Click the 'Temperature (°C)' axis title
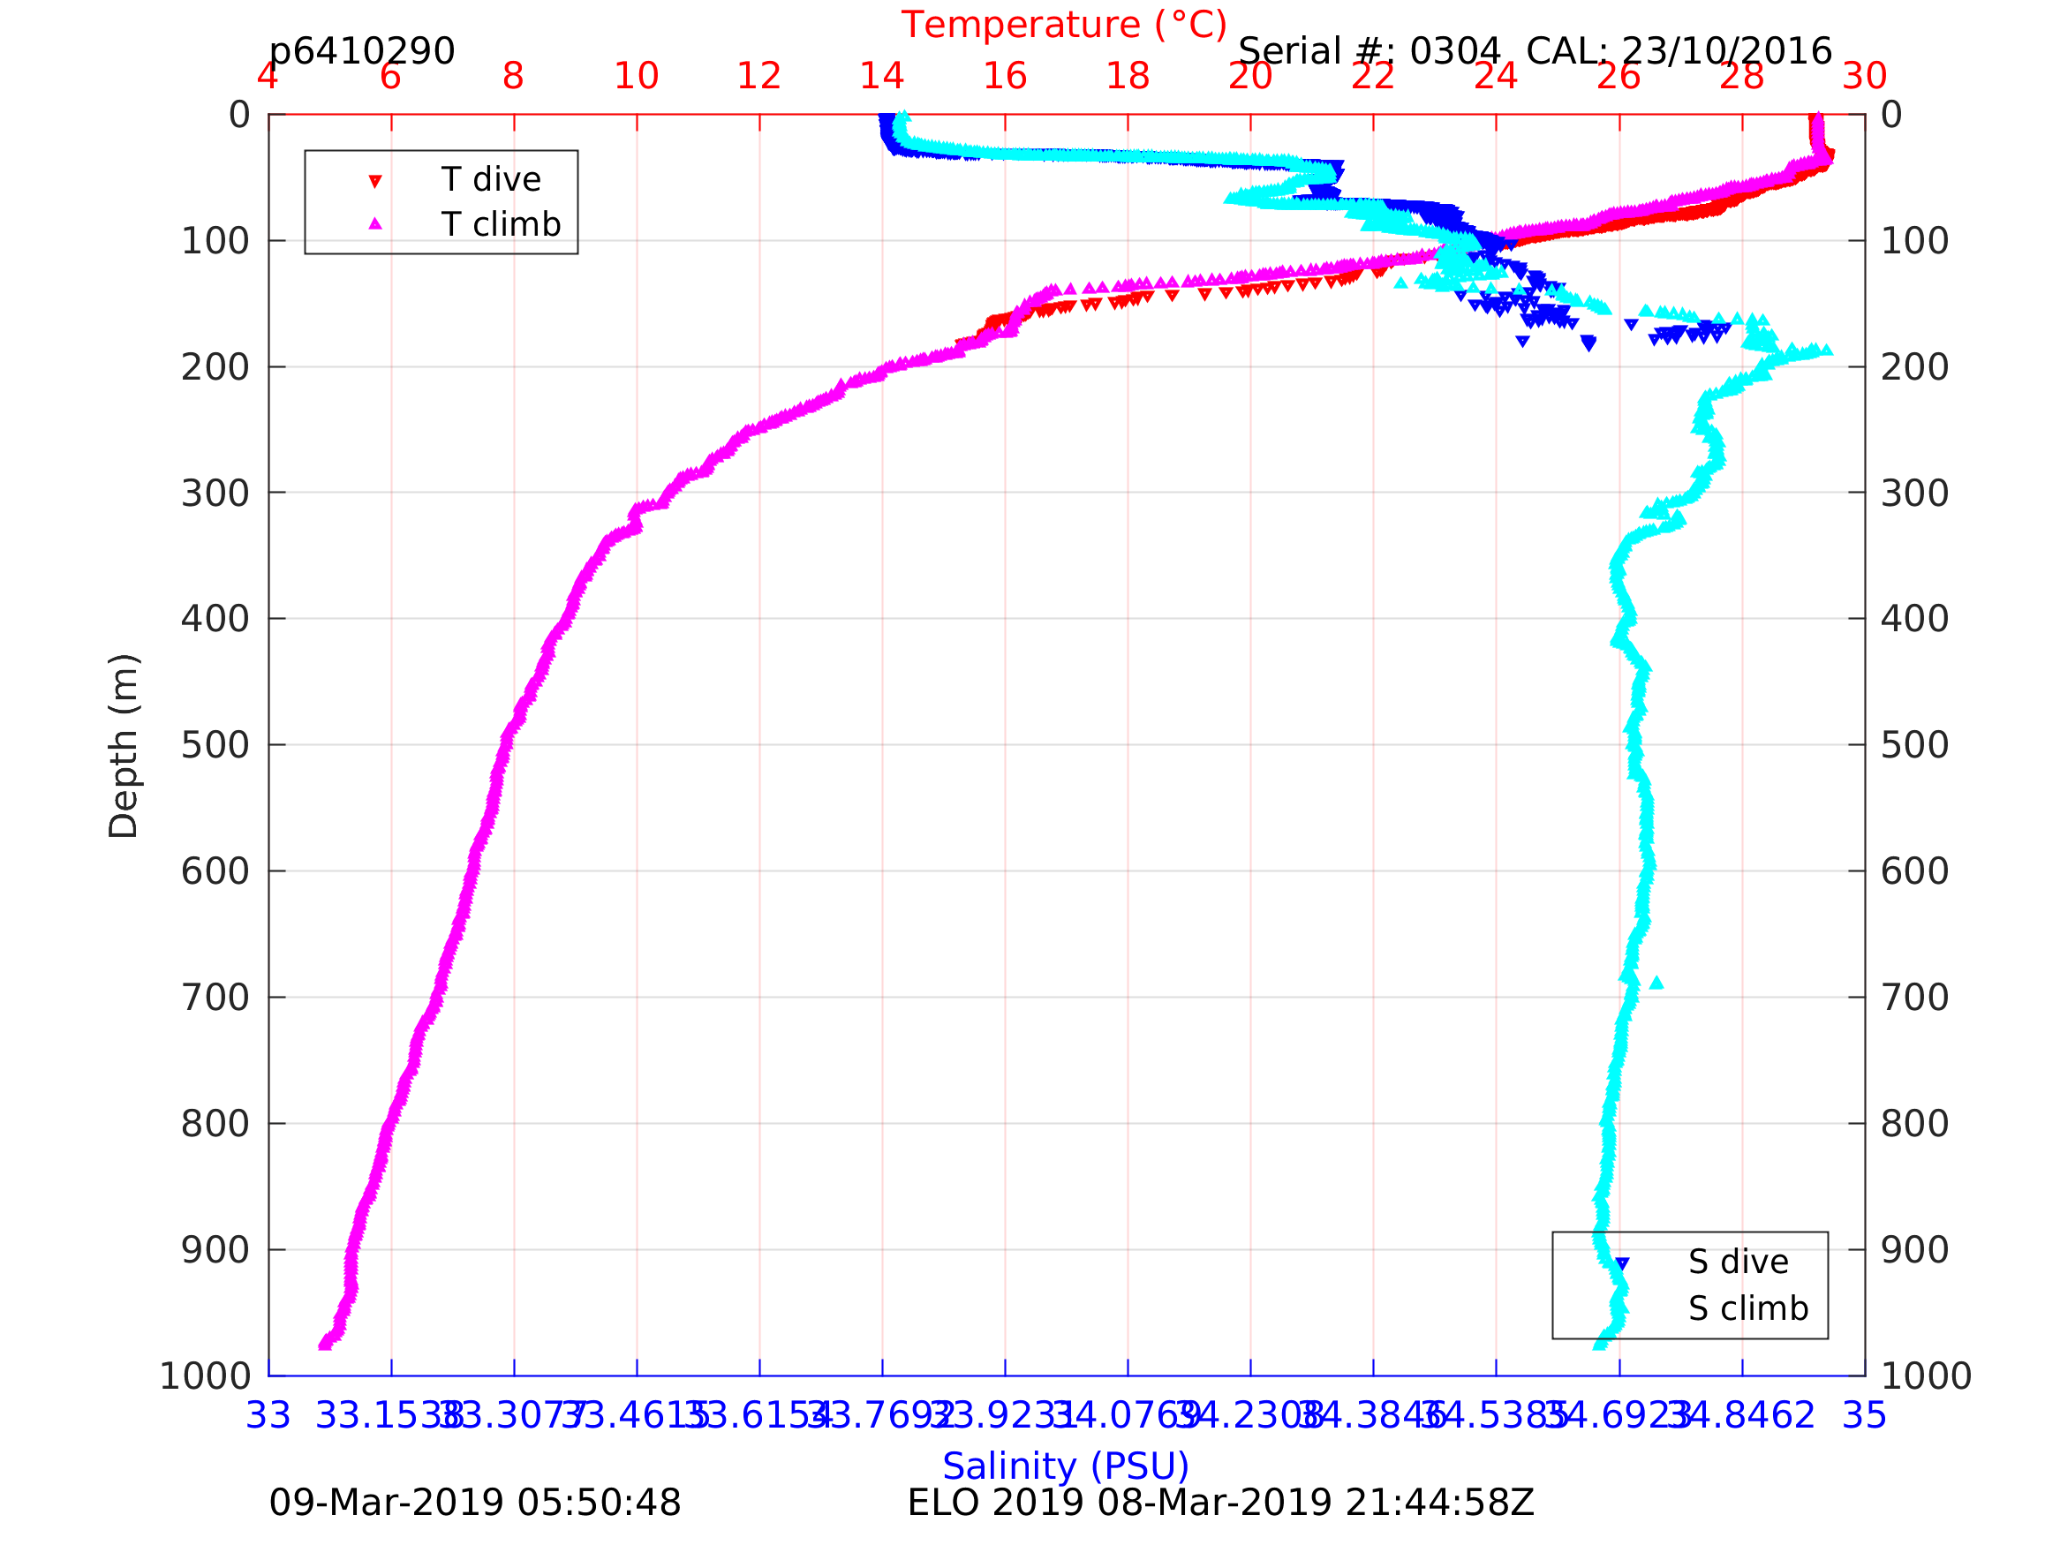[1063, 25]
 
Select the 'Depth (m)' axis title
[124, 745]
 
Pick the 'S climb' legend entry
[1748, 1308]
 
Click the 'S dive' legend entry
[1738, 1262]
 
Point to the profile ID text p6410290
[361, 51]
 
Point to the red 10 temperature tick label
[636, 76]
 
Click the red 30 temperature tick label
[1865, 76]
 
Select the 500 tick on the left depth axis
[215, 745]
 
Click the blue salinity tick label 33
[268, 1415]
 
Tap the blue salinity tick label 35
[1865, 1415]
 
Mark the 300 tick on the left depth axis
[215, 493]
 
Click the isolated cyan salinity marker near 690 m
[1656, 984]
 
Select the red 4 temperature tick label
[268, 76]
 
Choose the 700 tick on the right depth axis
[1914, 998]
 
